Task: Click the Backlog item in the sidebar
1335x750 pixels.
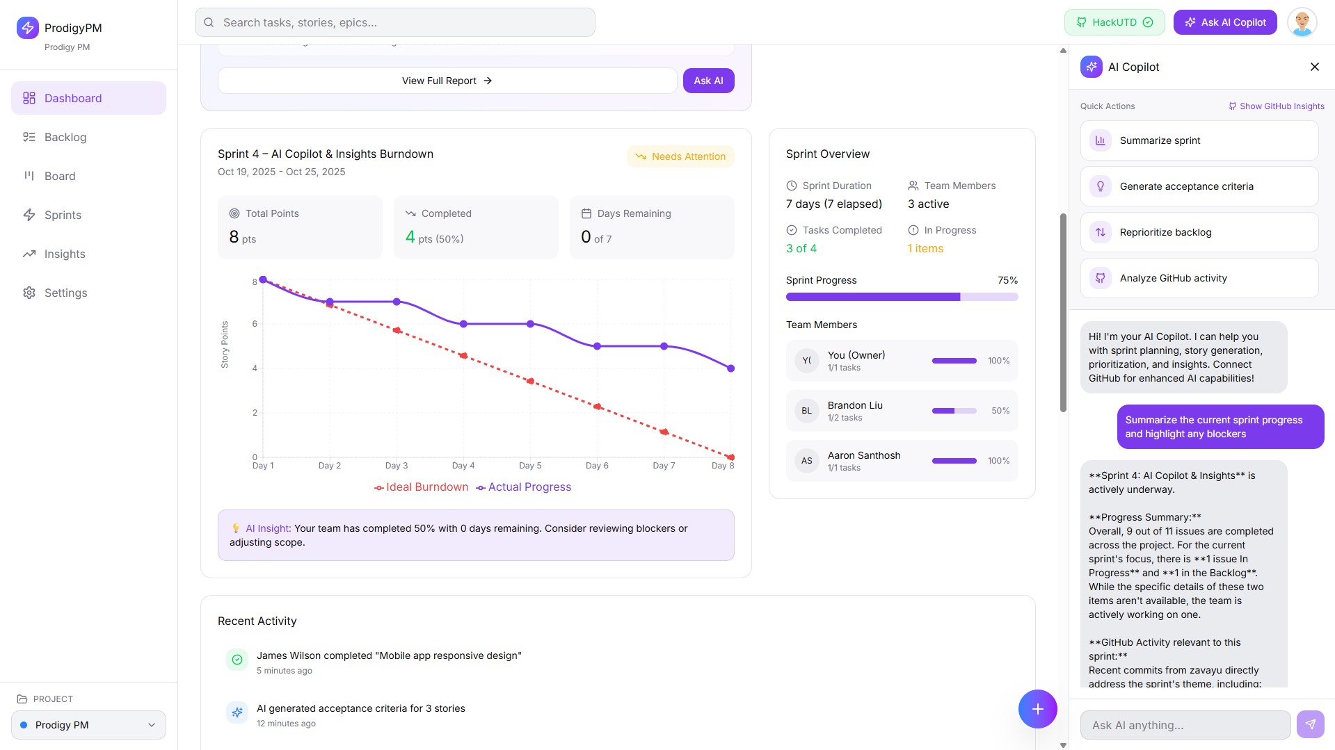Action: tap(65, 137)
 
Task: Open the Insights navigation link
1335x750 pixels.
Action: tap(65, 254)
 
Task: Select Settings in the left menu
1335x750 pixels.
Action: tap(65, 293)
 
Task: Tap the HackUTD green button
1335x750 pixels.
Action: tap(1114, 22)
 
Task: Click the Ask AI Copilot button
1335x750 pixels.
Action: tap(1225, 22)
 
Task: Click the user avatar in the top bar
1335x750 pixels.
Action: tap(1302, 22)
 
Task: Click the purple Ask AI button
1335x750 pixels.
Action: tap(708, 81)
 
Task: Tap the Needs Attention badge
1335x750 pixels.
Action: tap(680, 156)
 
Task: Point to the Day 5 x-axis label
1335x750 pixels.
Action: tap(530, 466)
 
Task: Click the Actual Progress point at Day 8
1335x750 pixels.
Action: tap(730, 368)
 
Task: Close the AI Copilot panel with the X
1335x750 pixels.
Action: tap(1314, 67)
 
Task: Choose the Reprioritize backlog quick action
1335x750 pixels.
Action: tap(1199, 232)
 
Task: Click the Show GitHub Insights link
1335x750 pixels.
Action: tap(1277, 106)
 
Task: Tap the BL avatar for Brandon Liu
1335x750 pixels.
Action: tap(806, 411)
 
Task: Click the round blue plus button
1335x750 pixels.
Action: tap(1037, 709)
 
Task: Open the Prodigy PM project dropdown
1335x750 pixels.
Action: tap(88, 725)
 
